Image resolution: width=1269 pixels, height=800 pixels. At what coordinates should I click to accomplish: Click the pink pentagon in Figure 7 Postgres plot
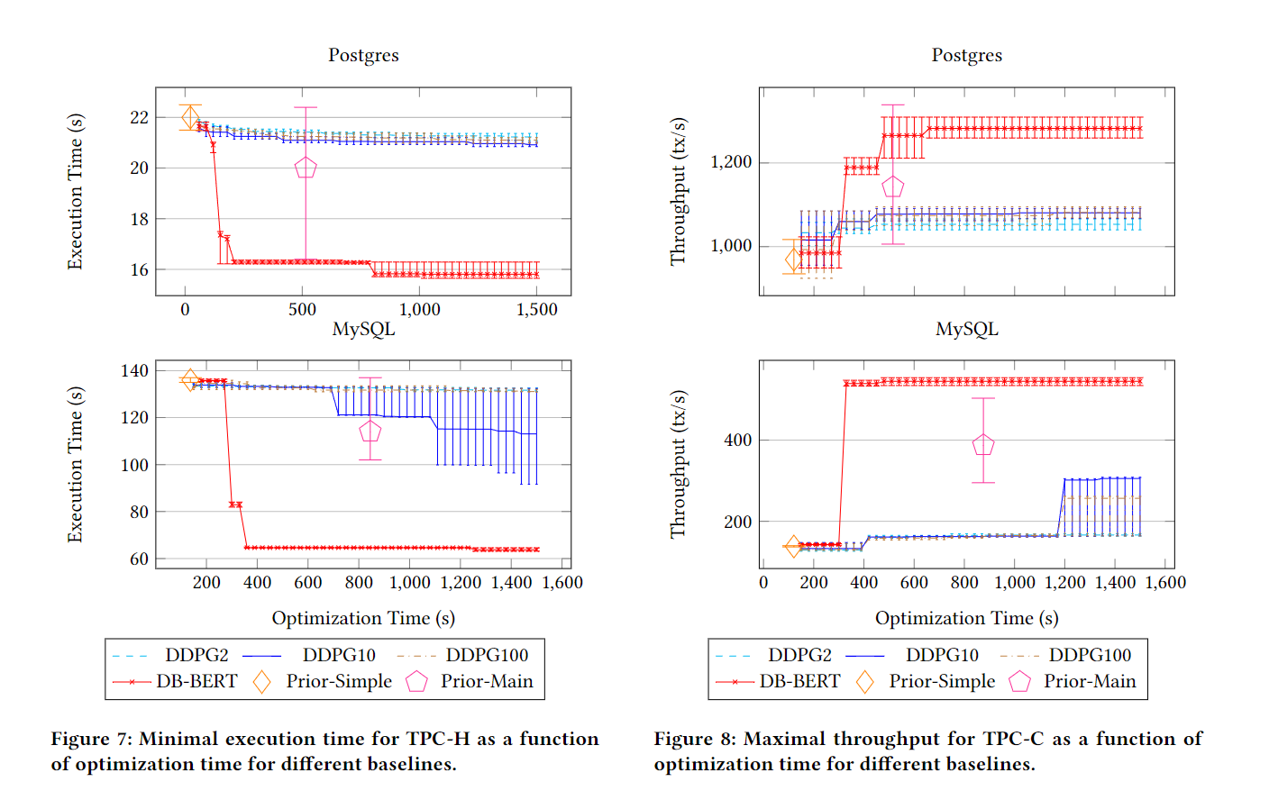pos(306,168)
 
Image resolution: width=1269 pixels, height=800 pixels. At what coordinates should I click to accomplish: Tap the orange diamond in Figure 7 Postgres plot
pos(190,117)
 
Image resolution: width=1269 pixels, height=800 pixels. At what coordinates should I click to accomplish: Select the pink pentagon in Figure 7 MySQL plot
pos(370,431)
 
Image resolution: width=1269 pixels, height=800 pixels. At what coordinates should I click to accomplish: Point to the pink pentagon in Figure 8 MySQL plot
pos(983,444)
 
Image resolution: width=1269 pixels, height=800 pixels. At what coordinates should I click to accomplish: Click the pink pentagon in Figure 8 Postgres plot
pos(893,186)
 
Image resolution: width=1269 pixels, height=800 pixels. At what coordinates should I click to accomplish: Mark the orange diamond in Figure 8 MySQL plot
pos(793,546)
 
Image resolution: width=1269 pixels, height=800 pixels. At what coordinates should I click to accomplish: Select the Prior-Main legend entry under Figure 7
pos(470,681)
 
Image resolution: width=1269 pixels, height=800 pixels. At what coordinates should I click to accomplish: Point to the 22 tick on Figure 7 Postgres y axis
pos(139,117)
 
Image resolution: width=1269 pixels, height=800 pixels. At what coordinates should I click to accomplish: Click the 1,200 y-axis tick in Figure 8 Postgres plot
pos(731,162)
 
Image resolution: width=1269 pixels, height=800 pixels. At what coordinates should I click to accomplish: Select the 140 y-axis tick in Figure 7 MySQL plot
pos(134,370)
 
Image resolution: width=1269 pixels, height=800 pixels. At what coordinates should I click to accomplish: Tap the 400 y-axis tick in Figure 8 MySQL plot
pos(737,440)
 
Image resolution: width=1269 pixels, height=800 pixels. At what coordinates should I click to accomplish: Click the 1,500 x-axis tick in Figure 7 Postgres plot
pos(536,310)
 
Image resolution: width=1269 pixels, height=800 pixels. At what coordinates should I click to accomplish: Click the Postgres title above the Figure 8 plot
pos(966,55)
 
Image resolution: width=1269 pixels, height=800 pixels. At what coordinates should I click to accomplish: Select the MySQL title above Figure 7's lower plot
pos(363,329)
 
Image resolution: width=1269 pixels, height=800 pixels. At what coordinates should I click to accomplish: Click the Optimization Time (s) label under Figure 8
pos(966,618)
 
